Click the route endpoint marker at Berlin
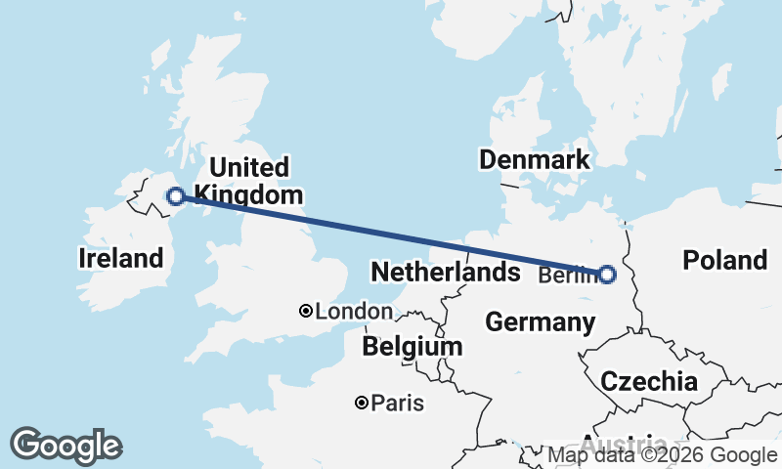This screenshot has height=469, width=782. pos(607,275)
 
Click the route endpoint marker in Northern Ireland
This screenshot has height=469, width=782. pos(176,196)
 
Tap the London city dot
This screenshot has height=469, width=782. pos(306,311)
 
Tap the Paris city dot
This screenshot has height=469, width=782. pos(362,403)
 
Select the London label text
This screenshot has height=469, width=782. pos(354,312)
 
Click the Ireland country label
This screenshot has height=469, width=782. pos(120,259)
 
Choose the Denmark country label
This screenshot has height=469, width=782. pos(534,159)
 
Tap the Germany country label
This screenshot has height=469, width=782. pos(540,321)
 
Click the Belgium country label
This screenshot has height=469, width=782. pos(412,347)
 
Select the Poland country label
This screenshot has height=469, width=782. pos(724,260)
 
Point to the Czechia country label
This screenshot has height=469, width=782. pos(649,381)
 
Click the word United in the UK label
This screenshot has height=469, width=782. pos(248,166)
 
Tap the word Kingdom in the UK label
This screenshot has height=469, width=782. pos(249,195)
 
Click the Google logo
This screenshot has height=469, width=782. pos(65,446)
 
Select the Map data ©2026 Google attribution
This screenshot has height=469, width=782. pos(662,454)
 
